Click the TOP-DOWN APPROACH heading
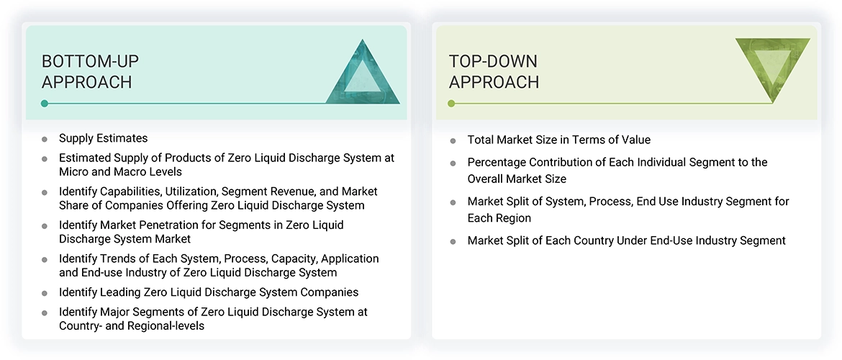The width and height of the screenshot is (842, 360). pos(494,71)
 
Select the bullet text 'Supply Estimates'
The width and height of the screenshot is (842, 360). pos(103,138)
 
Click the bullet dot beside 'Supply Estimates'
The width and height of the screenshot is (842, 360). pos(45,139)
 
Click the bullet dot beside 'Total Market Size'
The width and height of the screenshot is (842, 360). pos(453,141)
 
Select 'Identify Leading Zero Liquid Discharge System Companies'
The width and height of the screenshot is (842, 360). pos(209,292)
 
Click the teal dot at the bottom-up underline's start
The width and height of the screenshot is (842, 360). pos(45,104)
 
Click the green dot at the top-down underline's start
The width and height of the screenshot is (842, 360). pos(451,104)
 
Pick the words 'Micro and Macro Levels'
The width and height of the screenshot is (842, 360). pos(120,172)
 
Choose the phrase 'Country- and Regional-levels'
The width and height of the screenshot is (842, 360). pos(132,326)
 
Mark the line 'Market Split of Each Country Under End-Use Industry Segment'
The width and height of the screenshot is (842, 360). pos(626,240)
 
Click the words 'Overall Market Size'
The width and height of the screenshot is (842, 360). pos(517,179)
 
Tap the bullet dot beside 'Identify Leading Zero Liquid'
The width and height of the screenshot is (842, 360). pos(45,293)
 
